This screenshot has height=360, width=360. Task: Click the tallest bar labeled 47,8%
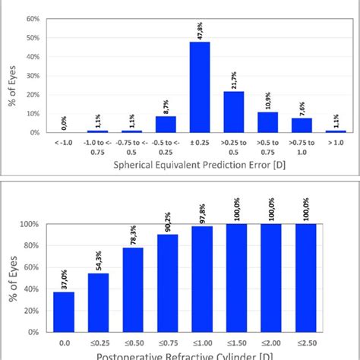199,87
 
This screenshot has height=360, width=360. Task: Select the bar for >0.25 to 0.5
233,112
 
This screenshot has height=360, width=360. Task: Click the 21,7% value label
233,78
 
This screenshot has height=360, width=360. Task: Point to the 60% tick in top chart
33,18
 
